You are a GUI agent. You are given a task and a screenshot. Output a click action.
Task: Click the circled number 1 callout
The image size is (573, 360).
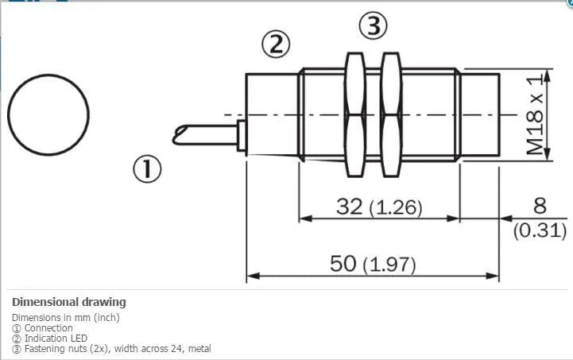[147, 168]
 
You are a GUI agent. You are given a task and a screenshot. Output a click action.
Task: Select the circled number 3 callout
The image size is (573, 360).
[373, 25]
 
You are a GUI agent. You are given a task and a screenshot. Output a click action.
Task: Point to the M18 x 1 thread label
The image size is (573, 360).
[535, 114]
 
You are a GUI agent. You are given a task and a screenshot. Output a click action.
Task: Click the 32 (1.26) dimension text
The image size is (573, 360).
[379, 207]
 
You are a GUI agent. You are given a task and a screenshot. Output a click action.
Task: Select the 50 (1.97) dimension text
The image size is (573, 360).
[373, 264]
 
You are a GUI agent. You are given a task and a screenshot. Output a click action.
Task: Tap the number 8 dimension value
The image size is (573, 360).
[540, 206]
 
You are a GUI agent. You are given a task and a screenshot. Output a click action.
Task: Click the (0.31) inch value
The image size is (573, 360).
[540, 230]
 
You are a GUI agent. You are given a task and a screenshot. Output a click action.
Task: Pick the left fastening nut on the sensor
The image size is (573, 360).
[355, 114]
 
